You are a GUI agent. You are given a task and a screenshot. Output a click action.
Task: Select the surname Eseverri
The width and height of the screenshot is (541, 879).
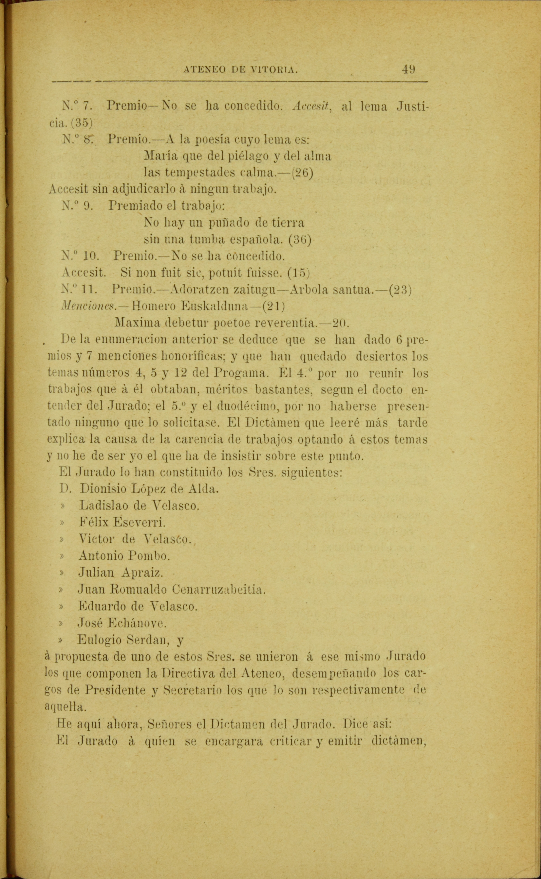[x=139, y=522]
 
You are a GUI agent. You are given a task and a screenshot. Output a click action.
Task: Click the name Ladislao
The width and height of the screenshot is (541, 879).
[x=103, y=506]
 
